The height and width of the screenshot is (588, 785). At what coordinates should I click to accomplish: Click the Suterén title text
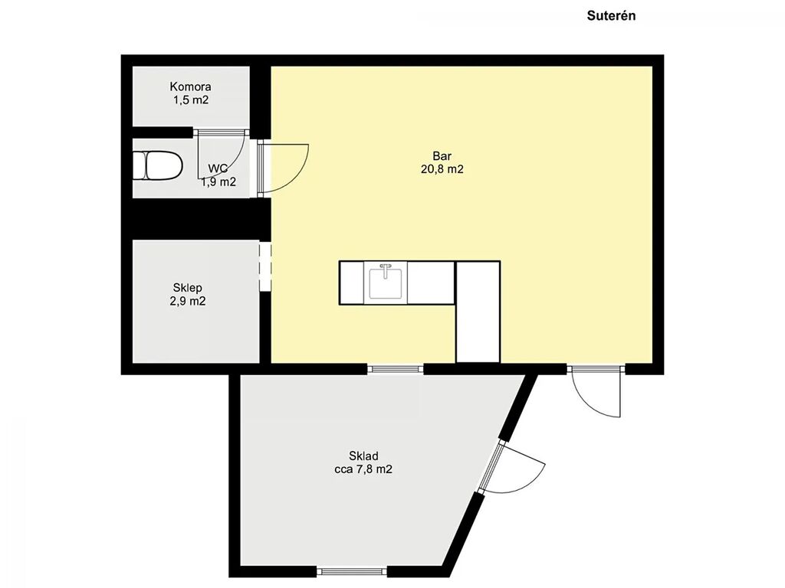point(611,15)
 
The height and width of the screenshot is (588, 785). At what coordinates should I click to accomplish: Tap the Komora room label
point(190,87)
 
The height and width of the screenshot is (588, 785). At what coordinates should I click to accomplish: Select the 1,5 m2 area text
point(191,100)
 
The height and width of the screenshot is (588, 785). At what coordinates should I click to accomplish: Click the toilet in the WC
point(157,165)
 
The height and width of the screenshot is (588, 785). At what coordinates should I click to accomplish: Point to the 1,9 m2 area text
point(218,182)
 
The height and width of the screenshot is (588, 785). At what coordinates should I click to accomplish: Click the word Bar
point(442,156)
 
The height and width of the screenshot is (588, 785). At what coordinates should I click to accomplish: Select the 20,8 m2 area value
point(442,169)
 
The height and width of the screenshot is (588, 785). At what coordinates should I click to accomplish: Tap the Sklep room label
point(188,288)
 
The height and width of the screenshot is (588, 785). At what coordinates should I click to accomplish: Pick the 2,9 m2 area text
point(188,301)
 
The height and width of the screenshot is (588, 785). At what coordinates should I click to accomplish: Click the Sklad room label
point(363,456)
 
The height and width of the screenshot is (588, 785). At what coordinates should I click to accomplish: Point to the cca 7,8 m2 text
point(363,469)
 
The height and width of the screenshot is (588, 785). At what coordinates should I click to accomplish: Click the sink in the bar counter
point(386,283)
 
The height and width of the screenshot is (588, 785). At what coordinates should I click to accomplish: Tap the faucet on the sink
point(386,270)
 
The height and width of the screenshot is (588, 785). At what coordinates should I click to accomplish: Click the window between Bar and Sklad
point(396,370)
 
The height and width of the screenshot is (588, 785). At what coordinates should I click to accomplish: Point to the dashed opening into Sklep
point(264,266)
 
